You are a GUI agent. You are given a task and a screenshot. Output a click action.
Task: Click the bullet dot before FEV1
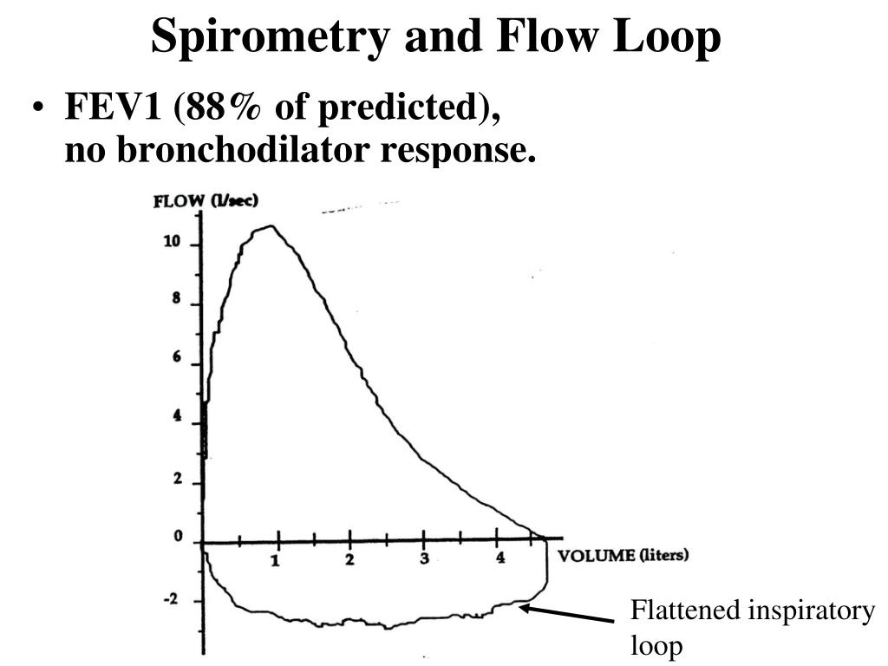point(38,113)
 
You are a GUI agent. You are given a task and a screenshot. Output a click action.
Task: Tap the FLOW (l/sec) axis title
point(206,201)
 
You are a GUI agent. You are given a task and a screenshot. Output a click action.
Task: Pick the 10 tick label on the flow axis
point(172,241)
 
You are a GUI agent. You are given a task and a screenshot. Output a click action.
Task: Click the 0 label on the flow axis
point(177,537)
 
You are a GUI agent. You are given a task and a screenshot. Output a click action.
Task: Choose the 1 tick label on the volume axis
point(275,561)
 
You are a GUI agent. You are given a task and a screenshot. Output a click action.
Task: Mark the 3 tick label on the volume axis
point(424,559)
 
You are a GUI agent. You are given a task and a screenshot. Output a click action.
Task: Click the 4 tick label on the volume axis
point(499,559)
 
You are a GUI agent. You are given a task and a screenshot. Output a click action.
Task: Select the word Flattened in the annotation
point(682,611)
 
